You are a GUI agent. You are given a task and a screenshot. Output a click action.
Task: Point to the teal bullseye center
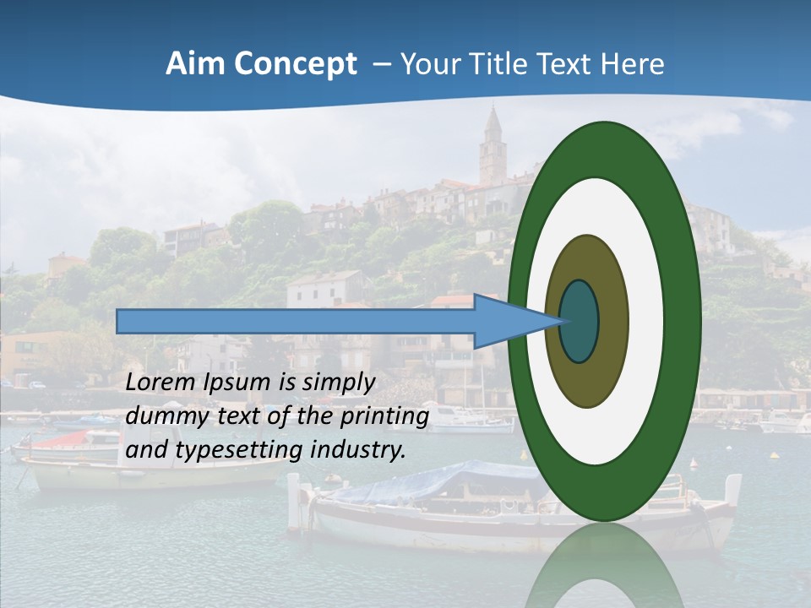pyautogui.click(x=579, y=322)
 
